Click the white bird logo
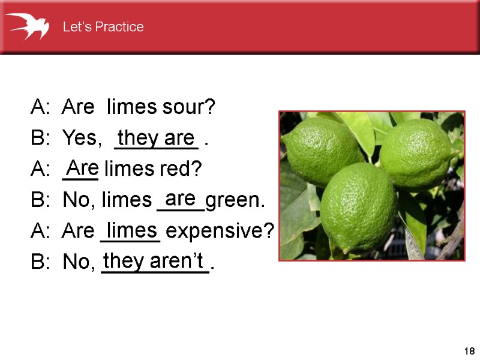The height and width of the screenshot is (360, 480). point(28,26)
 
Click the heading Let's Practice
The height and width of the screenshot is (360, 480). point(103,27)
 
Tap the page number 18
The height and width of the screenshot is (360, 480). point(469,351)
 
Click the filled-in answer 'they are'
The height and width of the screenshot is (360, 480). point(156,137)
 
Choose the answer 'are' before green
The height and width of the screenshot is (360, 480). point(179,197)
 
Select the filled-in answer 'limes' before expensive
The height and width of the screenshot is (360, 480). point(131,229)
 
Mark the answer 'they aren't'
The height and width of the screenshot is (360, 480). point(154,261)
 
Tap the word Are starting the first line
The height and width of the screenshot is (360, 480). point(78,108)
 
